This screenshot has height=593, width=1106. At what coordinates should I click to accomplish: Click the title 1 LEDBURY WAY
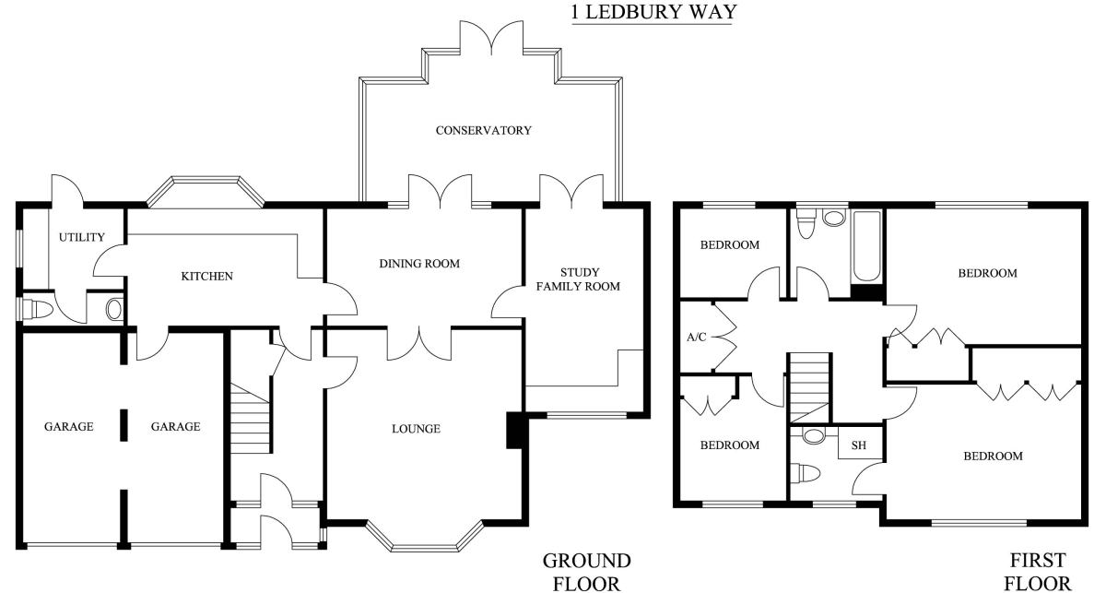pyautogui.click(x=653, y=12)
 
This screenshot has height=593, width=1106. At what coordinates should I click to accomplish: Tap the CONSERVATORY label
pyautogui.click(x=483, y=130)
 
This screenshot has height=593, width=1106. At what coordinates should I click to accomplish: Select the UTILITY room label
pyautogui.click(x=82, y=237)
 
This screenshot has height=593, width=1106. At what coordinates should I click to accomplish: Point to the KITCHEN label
pyautogui.click(x=206, y=277)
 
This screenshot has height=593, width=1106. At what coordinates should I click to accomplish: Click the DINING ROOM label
pyautogui.click(x=419, y=264)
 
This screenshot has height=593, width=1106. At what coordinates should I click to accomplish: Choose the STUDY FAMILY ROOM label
pyautogui.click(x=578, y=279)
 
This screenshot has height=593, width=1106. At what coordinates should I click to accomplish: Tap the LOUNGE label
pyautogui.click(x=416, y=429)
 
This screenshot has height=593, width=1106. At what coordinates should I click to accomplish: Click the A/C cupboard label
pyautogui.click(x=696, y=337)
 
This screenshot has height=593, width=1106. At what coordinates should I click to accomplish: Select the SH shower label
pyautogui.click(x=859, y=445)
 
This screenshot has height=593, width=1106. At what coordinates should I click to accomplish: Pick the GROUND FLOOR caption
pyautogui.click(x=586, y=572)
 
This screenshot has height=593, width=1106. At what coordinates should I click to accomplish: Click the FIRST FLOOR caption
pyautogui.click(x=1038, y=572)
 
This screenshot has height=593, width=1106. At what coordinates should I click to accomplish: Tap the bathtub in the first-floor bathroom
pyautogui.click(x=866, y=246)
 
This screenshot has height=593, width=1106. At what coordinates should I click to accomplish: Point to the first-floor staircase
pyautogui.click(x=809, y=388)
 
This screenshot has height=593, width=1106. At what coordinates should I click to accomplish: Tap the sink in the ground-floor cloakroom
pyautogui.click(x=113, y=309)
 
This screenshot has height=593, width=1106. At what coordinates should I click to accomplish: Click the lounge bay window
pyautogui.click(x=425, y=536)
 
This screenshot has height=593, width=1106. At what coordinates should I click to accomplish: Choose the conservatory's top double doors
pyautogui.click(x=491, y=38)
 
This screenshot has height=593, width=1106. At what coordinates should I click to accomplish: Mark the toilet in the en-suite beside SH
pyautogui.click(x=805, y=473)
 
